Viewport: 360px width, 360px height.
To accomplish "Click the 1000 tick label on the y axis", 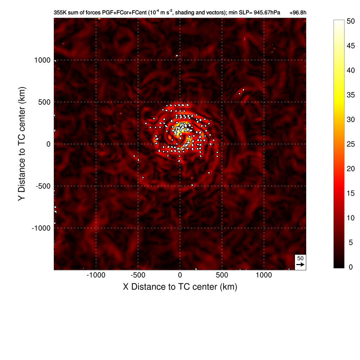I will (43, 60).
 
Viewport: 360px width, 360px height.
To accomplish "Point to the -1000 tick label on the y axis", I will (41, 228).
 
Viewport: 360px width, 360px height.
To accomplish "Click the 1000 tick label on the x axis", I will (264, 275).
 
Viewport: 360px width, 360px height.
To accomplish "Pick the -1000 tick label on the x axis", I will (95, 275).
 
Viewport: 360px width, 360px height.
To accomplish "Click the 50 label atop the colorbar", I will (351, 21).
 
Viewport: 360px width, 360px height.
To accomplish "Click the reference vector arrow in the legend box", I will (300, 264).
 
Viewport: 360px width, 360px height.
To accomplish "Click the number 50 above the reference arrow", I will (300, 258).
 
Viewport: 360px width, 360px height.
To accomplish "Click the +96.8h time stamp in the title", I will (298, 13).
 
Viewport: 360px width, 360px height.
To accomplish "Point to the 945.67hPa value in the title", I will (263, 13).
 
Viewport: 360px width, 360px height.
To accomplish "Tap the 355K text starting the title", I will (60, 13).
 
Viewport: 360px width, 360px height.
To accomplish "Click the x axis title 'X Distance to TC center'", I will (180, 287).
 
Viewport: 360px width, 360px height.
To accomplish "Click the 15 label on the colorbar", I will (351, 193).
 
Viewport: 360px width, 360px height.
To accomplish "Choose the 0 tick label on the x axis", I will (180, 275).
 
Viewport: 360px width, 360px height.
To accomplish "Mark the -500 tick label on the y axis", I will (43, 186).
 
